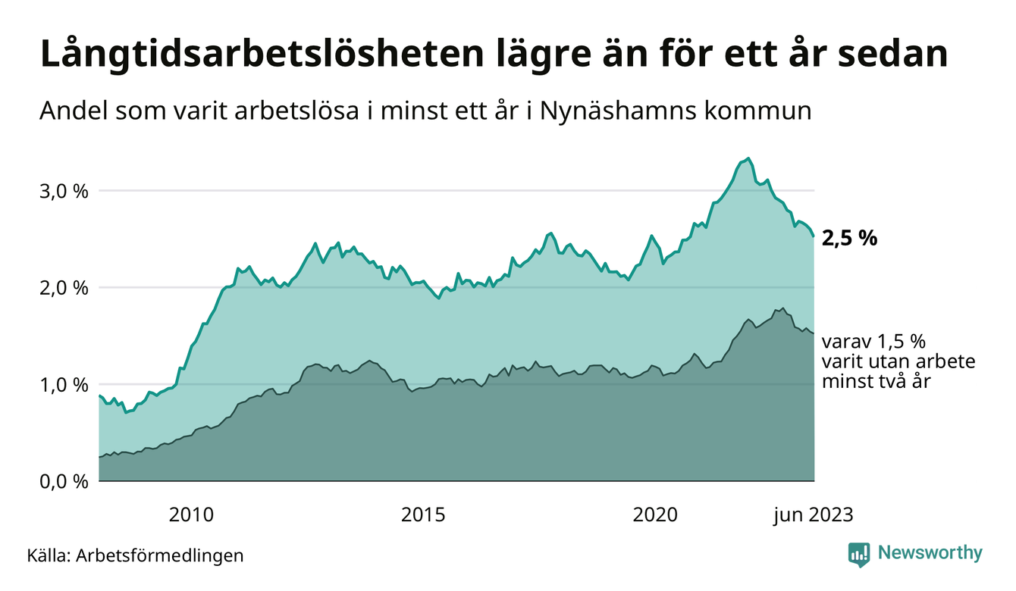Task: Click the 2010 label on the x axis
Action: tap(191, 515)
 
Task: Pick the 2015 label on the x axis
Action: tap(424, 515)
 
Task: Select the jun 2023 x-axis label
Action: tap(813, 515)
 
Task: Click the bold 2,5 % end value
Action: tap(850, 238)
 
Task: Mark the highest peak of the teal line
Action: tap(748, 158)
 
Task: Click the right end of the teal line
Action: tap(814, 236)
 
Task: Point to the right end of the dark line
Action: tap(814, 333)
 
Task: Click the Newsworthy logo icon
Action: tap(859, 554)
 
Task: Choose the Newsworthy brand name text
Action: tap(930, 553)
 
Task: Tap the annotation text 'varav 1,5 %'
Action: tap(874, 341)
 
